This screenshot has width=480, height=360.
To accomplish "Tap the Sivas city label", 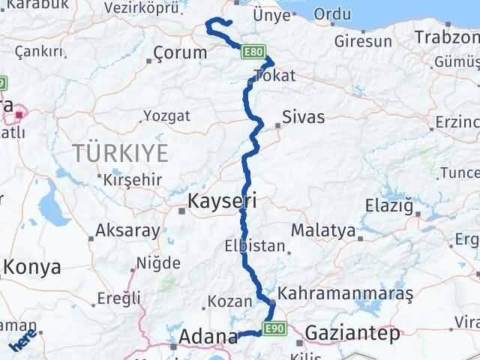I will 304,117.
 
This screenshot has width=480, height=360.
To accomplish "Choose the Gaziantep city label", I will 352,334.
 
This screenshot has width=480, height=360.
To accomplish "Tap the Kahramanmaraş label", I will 346,293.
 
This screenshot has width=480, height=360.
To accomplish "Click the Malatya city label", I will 322,230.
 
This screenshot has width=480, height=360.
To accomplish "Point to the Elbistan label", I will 255,246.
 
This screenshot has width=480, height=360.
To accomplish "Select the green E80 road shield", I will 253,52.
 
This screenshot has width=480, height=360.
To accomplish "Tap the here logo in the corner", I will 22,341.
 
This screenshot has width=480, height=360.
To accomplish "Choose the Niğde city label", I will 158,263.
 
